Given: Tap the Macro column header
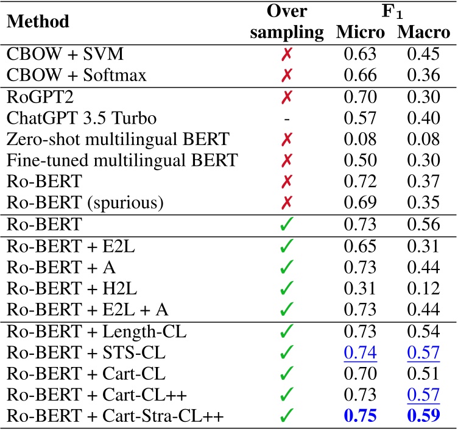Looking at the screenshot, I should [x=423, y=33].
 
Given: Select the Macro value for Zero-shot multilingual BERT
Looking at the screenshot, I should [x=423, y=138].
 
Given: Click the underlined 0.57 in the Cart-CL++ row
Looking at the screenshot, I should [x=423, y=396].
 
